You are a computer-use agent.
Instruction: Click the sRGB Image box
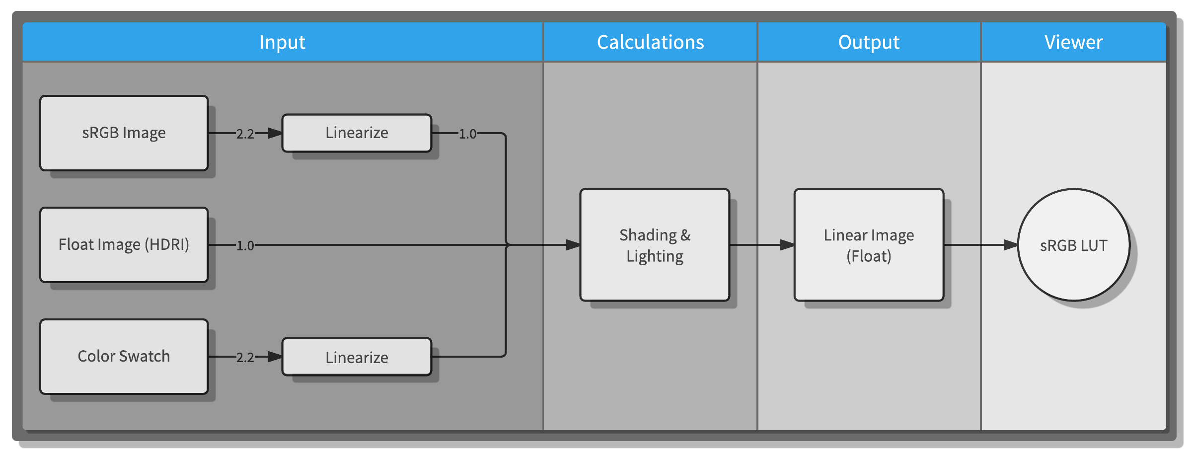click(124, 133)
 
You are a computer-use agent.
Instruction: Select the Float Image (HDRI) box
click(124, 245)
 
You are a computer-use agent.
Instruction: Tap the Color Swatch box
click(124, 357)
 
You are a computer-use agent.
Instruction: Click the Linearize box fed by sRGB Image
click(357, 133)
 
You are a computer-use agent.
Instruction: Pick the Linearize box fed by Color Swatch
click(357, 357)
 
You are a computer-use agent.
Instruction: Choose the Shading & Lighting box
click(655, 245)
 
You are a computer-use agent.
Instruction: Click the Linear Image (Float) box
click(869, 245)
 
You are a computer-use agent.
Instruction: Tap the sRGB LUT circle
click(1073, 245)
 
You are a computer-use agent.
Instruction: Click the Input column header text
click(282, 42)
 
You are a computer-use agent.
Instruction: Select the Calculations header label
click(650, 42)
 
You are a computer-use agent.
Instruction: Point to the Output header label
click(869, 42)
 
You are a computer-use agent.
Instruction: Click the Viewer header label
click(1073, 42)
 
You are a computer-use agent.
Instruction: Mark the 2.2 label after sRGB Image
click(245, 134)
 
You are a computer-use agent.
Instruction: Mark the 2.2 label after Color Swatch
click(245, 357)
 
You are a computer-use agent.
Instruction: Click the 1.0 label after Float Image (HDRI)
click(245, 245)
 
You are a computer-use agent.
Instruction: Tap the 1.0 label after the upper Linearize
click(467, 134)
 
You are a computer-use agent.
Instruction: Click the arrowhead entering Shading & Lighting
click(573, 245)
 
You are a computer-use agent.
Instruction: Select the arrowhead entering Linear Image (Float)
click(787, 245)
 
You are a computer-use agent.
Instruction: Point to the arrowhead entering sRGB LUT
click(1011, 245)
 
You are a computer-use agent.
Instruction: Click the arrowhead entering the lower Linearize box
click(275, 357)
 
